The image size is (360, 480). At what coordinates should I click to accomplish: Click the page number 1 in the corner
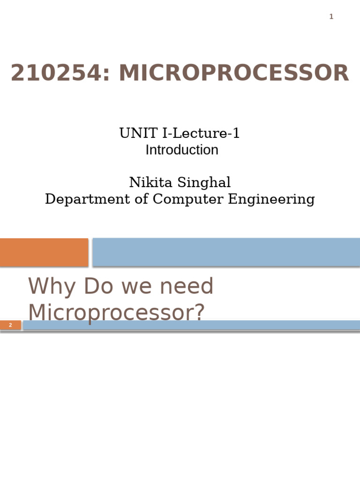(x=331, y=17)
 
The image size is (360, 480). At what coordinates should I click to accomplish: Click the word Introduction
(x=182, y=150)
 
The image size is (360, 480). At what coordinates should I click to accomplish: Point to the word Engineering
(x=271, y=199)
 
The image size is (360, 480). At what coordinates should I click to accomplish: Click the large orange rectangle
(x=44, y=252)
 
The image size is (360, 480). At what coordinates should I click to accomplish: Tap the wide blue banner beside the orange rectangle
(x=226, y=252)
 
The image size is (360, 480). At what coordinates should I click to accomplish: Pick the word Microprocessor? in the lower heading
(x=116, y=313)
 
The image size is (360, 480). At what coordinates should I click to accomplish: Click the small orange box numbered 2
(x=10, y=325)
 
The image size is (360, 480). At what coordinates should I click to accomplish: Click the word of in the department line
(x=141, y=199)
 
